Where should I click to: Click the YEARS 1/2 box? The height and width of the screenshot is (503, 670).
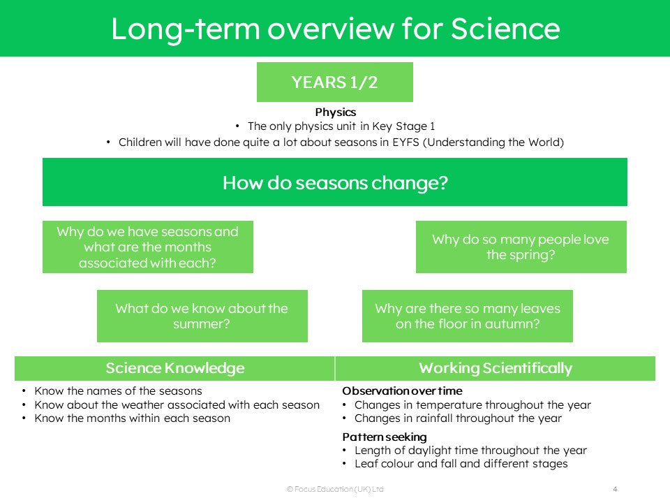coord(334,82)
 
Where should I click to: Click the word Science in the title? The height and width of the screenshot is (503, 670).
coord(505,29)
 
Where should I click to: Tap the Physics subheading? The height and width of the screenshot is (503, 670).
coord(336,112)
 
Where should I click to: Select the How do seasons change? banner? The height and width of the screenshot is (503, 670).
coord(334,182)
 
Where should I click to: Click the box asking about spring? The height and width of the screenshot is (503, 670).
coord(521,247)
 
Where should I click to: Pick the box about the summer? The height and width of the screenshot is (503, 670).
coord(202,316)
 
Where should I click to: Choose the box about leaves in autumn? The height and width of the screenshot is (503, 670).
coord(468,316)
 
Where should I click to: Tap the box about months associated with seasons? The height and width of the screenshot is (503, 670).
coord(148,247)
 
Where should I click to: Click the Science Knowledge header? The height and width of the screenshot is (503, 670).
coord(174,368)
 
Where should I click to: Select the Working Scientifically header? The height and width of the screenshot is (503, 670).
coord(496,368)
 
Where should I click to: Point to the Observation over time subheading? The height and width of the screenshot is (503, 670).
coord(402,391)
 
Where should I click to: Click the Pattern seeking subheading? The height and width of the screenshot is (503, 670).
coord(385,437)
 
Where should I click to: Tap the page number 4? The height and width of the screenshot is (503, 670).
coord(615,489)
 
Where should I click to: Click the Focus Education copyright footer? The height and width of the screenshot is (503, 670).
coord(335,489)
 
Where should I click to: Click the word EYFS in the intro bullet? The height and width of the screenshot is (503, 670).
coord(405,142)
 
